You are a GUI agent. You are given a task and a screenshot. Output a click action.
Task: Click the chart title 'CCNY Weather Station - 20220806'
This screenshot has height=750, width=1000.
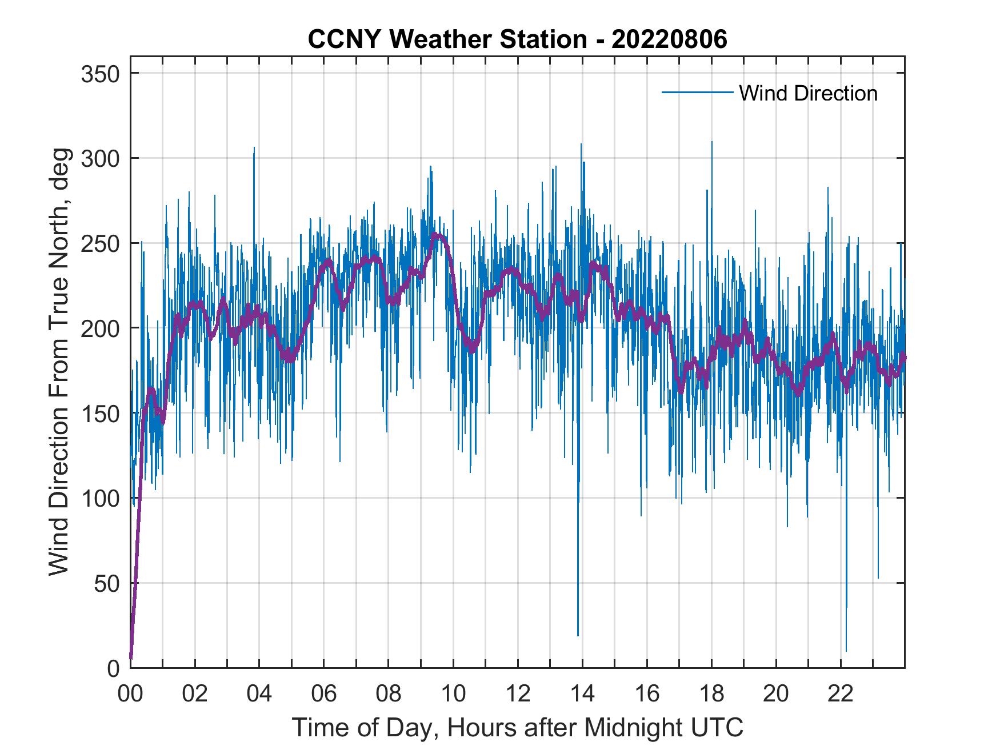pyautogui.click(x=517, y=39)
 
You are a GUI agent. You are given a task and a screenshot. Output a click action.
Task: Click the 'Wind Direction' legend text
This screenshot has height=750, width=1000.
pyautogui.click(x=808, y=93)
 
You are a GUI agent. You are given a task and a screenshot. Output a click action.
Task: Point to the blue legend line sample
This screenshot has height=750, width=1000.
pyautogui.click(x=697, y=92)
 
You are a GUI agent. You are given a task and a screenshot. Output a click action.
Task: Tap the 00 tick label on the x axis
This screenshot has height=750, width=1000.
pyautogui.click(x=130, y=695)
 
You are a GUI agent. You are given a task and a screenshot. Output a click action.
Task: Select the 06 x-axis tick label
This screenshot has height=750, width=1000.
pyautogui.click(x=324, y=695)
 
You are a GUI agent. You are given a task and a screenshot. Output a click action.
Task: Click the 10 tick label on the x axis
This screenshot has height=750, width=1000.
pyautogui.click(x=453, y=695)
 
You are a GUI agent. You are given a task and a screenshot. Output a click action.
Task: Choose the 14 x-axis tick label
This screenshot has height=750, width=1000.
pyautogui.click(x=582, y=695)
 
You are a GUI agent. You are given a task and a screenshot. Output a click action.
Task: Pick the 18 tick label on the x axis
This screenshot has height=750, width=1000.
pyautogui.click(x=711, y=695)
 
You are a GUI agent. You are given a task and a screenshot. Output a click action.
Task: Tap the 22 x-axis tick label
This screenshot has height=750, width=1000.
pyautogui.click(x=841, y=695)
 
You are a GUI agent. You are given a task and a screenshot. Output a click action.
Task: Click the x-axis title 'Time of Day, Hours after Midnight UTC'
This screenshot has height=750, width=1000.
pyautogui.click(x=517, y=727)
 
